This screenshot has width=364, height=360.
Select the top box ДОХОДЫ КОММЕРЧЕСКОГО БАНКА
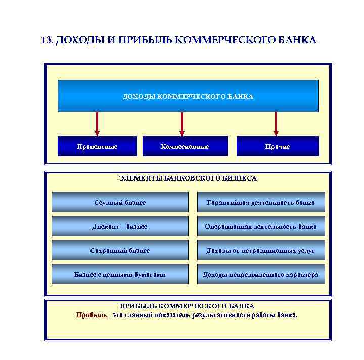coord(188,96)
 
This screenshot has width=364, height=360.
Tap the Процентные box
coord(97,146)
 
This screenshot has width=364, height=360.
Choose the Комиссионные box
coord(185,146)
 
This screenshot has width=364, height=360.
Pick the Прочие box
coord(278,146)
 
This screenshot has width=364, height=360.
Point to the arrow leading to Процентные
coord(97,124)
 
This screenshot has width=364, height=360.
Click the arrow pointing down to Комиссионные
coord(182,124)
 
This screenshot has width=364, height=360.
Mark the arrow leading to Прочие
coord(276,124)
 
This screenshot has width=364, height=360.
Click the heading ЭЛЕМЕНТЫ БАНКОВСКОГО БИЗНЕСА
coord(188,178)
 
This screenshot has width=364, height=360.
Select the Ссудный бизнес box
coord(120,202)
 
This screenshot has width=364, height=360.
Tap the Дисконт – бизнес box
coord(120,226)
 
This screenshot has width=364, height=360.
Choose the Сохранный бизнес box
coord(120,250)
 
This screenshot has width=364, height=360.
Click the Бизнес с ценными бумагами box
coord(120,274)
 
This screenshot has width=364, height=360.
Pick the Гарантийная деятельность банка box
coord(261,202)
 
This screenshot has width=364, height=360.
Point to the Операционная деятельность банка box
coord(261,226)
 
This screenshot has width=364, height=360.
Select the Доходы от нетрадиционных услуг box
coord(261,250)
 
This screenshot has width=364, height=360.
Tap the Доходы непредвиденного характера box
coord(261,274)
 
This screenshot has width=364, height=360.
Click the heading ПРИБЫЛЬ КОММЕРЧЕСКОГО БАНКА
coord(187,306)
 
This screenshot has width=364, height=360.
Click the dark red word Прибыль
coord(92,315)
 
